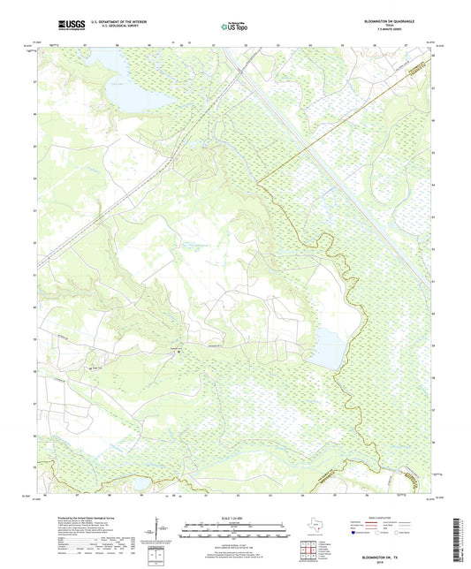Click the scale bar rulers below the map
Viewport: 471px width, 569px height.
(x=235, y=532)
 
